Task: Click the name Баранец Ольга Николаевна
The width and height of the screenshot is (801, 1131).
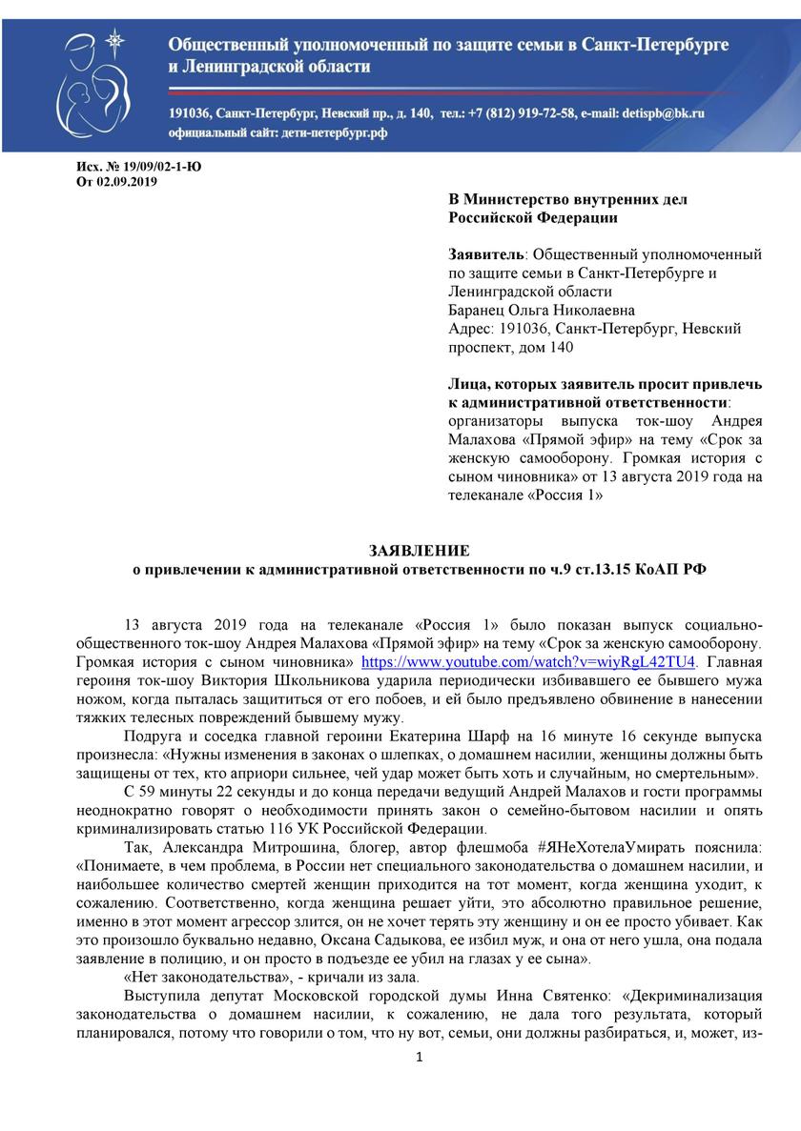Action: [x=541, y=311]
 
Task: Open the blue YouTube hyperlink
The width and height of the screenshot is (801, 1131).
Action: [x=528, y=661]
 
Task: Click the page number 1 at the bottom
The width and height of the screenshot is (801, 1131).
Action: [x=418, y=1057]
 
